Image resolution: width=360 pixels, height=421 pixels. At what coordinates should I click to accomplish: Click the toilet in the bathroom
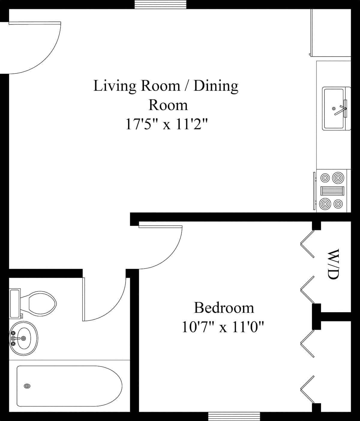coord(33,304)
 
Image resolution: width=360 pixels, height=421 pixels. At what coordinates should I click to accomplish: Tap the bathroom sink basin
coord(24,338)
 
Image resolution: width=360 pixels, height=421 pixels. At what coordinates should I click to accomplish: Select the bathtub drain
coord(27,386)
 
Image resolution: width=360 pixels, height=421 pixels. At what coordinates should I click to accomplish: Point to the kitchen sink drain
coord(334,109)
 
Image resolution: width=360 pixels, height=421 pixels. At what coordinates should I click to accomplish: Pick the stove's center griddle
coord(332,191)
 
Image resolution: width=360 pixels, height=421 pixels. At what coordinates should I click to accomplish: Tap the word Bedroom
coord(224,308)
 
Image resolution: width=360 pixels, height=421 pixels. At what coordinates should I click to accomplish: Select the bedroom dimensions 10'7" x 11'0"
coord(223,327)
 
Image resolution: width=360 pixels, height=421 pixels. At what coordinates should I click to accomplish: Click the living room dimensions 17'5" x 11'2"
coord(166,124)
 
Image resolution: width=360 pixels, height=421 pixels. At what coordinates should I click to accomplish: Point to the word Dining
coord(216,86)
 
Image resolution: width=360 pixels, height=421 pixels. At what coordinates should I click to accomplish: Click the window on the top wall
coord(160,4)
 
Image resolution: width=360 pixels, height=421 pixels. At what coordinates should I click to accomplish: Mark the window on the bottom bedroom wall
coord(234,416)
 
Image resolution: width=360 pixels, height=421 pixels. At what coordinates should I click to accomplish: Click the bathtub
coord(69,389)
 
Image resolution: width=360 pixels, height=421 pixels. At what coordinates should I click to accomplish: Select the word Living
coord(115,86)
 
